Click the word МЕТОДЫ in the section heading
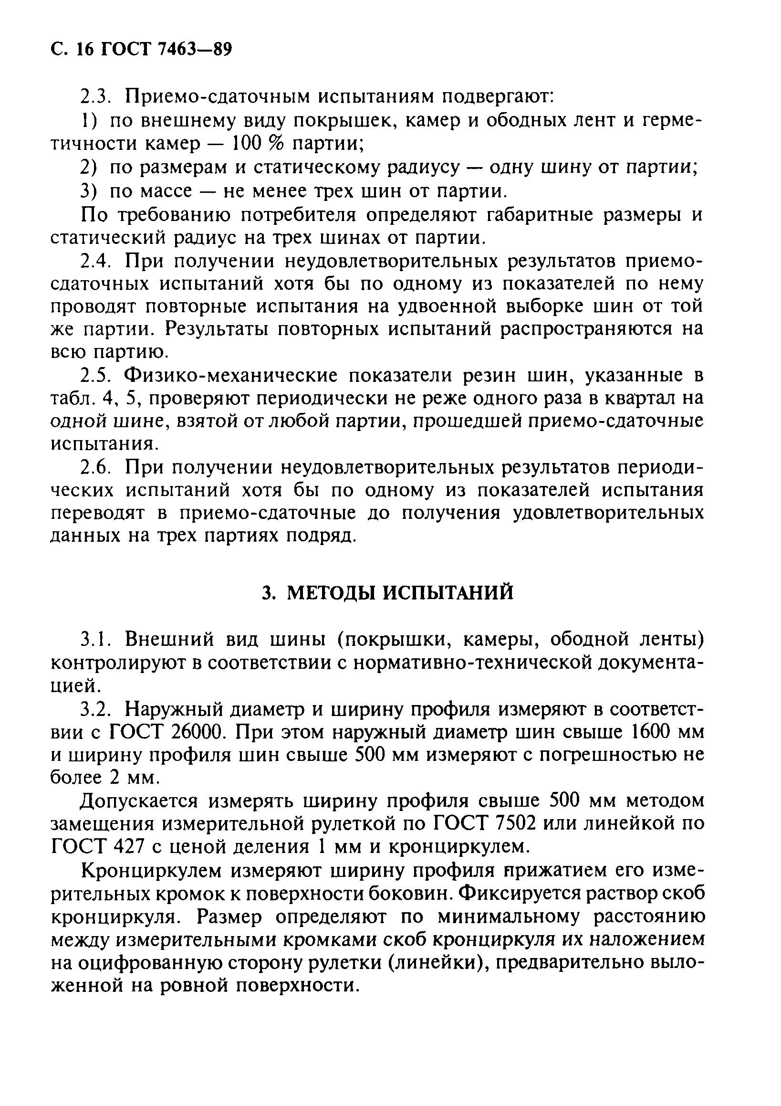pos(331,593)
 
